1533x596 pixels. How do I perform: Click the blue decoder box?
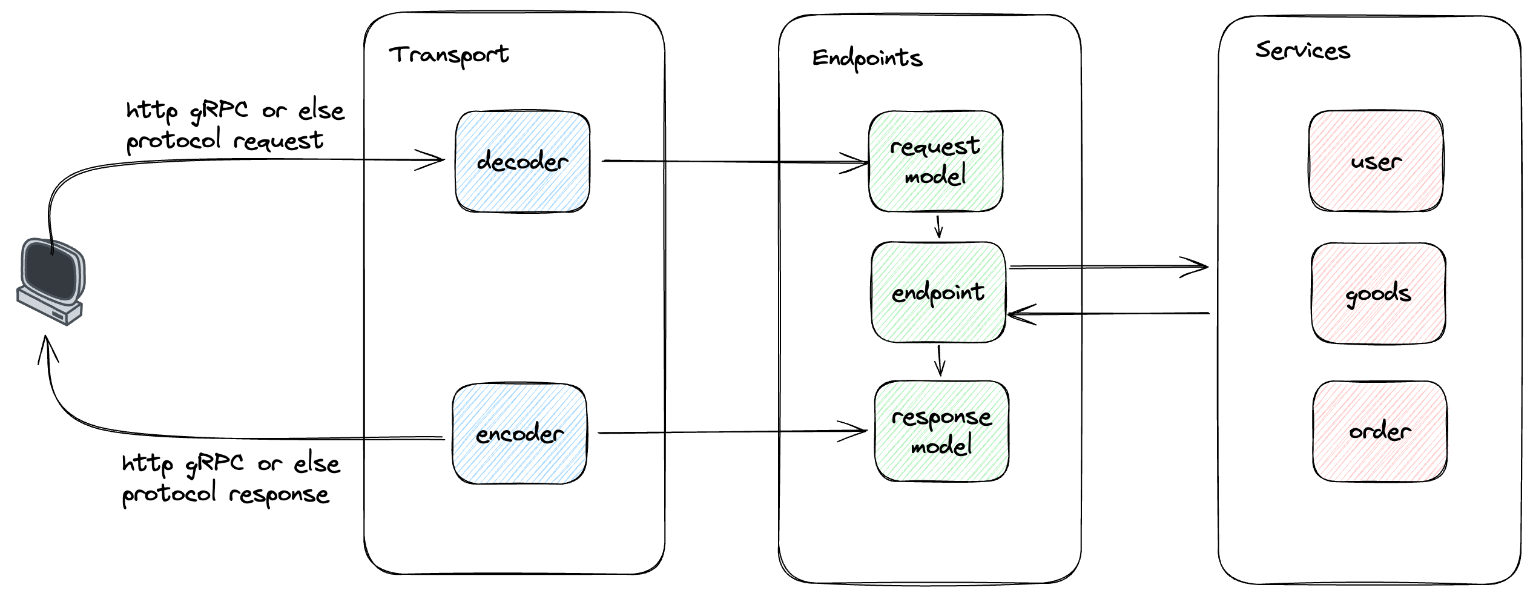point(523,162)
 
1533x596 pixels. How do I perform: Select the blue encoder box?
point(519,434)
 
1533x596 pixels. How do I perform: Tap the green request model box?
point(935,161)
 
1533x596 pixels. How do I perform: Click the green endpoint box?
point(938,293)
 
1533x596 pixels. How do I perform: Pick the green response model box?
point(941,431)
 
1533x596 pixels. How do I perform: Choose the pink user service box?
point(1376,161)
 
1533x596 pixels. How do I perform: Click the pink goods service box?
point(1379,294)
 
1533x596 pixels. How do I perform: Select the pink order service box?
point(1380,431)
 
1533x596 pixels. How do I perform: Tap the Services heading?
point(1302,50)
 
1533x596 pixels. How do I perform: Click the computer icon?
point(51,282)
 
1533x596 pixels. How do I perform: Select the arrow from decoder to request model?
point(735,162)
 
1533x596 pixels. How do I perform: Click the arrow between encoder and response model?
point(733,432)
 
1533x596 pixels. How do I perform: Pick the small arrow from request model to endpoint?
point(938,227)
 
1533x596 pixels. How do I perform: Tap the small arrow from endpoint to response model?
point(940,361)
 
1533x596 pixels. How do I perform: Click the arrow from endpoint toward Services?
point(1109,267)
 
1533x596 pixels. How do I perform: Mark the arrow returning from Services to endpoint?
point(1108,314)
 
